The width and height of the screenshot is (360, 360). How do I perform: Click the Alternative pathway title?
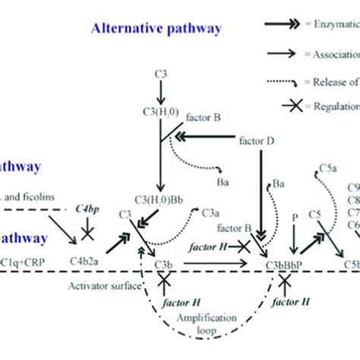coord(156,29)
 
